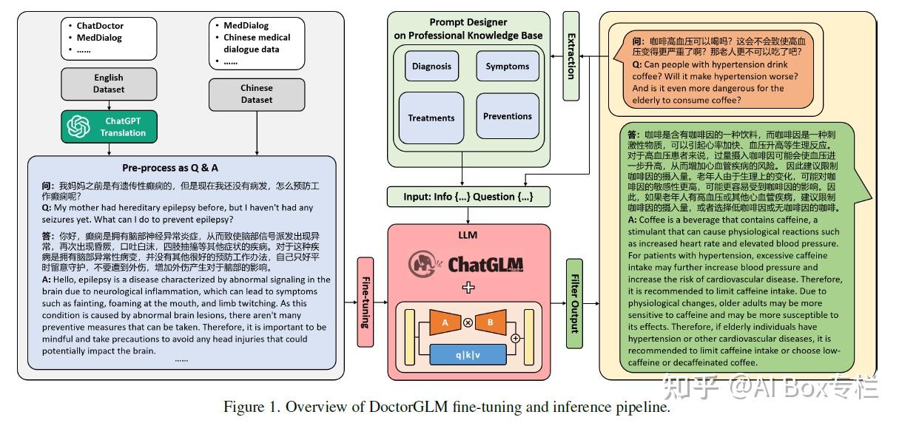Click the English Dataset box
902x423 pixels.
[x=109, y=84]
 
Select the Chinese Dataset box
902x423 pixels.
[x=256, y=94]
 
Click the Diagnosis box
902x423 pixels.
[x=431, y=67]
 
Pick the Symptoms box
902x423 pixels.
[x=507, y=67]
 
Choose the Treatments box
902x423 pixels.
[x=431, y=118]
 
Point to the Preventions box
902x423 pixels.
[x=507, y=116]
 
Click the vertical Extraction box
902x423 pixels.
[x=571, y=55]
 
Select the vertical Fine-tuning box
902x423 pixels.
[x=366, y=302]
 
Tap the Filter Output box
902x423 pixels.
[x=574, y=302]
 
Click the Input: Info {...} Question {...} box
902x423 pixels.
[x=469, y=197]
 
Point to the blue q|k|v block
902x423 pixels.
[x=468, y=354]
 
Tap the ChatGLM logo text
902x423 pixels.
[x=485, y=264]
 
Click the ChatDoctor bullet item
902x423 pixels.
[x=100, y=25]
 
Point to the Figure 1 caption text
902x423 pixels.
[x=449, y=407]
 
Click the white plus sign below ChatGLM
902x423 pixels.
[x=468, y=288]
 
